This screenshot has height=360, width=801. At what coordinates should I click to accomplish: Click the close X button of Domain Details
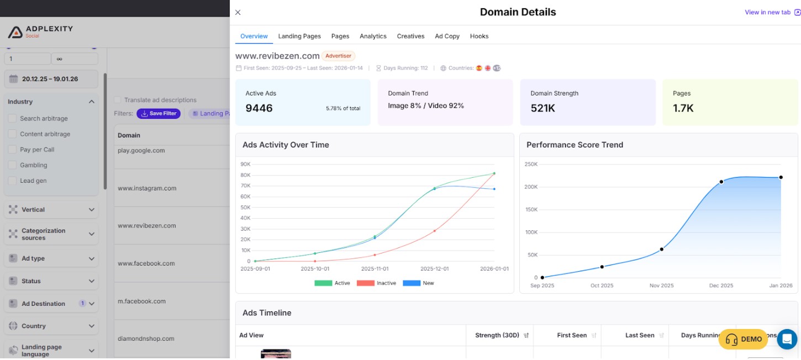238,12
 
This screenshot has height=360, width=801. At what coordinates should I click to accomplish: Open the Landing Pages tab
299,36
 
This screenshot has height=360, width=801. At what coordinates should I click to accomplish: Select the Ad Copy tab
447,36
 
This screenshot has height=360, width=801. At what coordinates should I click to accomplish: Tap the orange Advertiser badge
338,56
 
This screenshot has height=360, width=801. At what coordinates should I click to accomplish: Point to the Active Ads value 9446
259,108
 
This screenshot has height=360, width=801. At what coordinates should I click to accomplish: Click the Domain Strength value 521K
542,108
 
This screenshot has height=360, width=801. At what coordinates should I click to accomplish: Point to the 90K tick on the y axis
245,164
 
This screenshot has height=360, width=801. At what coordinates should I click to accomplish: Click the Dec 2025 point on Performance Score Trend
721,182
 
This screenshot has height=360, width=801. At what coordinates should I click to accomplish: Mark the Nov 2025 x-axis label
661,285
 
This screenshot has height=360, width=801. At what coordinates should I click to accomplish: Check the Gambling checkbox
13,165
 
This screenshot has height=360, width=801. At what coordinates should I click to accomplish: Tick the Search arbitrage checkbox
13,119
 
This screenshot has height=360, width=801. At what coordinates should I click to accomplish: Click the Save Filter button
159,114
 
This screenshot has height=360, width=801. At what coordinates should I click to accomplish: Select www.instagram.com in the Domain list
147,188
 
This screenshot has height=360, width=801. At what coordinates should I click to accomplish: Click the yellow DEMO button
743,339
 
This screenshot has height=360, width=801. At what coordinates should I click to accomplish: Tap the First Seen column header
572,335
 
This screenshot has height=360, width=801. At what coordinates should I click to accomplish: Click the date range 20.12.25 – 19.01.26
51,79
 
